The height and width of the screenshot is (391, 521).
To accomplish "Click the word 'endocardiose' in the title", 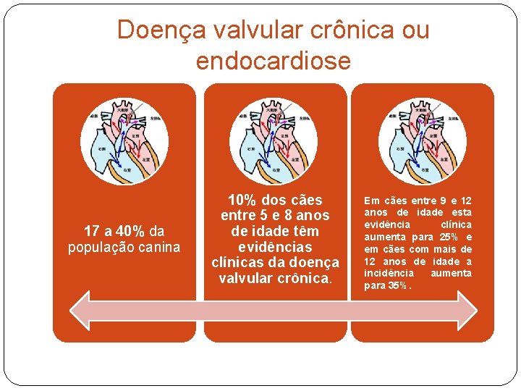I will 273,60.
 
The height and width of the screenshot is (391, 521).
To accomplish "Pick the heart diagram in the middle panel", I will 274,140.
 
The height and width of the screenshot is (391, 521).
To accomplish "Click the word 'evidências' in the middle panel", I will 274,247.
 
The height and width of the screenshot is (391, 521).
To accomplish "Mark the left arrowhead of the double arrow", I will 81,311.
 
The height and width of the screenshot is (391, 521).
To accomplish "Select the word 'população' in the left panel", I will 98,248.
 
